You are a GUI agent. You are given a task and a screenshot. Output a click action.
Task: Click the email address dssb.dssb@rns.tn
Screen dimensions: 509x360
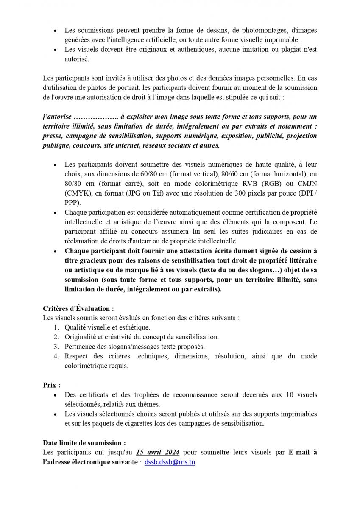coord(170,462)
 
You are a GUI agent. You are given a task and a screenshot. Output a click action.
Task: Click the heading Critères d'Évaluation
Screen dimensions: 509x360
coord(78,309)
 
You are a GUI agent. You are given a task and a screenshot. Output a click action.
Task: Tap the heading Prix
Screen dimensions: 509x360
coord(51,385)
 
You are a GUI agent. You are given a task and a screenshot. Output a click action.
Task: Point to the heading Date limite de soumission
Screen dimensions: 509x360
coord(84,443)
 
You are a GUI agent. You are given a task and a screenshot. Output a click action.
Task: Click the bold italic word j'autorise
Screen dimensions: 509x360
coord(56,116)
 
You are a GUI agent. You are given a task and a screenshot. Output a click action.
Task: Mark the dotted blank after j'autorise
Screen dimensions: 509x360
coord(95,116)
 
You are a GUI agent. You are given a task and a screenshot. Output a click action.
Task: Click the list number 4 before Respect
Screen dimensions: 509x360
coord(56,356)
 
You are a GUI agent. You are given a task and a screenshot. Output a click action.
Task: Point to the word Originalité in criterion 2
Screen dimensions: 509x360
coord(80,337)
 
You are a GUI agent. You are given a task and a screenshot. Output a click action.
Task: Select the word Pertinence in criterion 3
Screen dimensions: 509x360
coord(80,347)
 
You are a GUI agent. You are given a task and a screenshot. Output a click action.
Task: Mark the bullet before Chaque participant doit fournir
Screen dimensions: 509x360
coord(55,251)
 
